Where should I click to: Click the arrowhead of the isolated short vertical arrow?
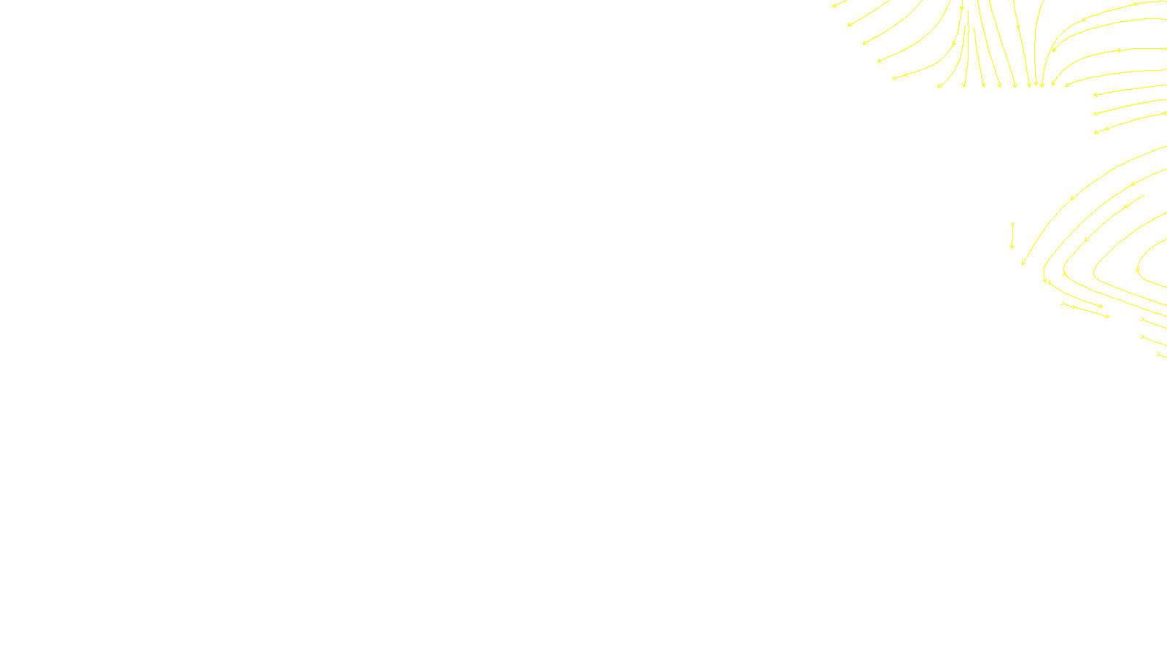tap(1012, 247)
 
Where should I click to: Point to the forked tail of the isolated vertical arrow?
tap(1012, 225)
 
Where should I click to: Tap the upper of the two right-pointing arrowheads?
tap(1100, 306)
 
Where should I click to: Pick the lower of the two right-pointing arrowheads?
tap(1107, 317)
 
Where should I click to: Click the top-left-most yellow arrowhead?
tap(834, 6)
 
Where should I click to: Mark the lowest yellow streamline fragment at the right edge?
tap(1160, 355)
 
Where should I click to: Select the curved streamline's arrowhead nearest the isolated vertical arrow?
tap(1023, 262)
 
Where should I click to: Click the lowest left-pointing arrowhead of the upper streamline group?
tap(1096, 132)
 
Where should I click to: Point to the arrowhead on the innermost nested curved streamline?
tap(1138, 271)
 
